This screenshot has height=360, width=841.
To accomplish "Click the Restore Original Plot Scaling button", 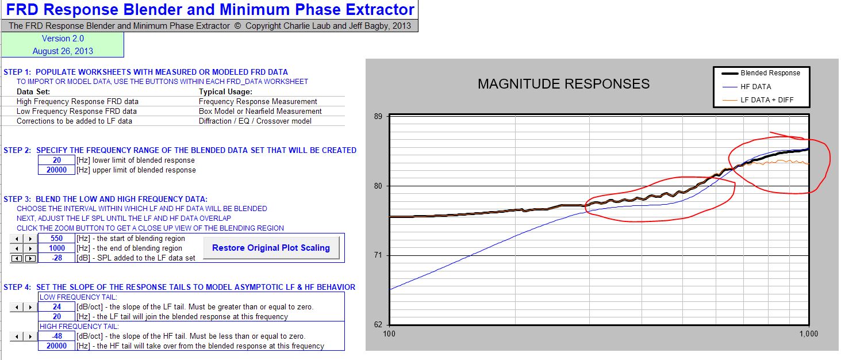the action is coord(271,248).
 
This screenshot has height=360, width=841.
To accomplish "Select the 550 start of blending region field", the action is coord(57,238).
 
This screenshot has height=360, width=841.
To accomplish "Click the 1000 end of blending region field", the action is coord(57,248).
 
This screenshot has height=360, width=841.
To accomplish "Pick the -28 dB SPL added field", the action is coord(57,258).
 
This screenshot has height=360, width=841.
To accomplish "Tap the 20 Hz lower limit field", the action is coord(57,160).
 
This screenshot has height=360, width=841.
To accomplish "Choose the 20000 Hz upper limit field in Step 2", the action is coord(57,170).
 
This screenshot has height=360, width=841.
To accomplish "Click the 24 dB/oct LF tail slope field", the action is coord(57,307).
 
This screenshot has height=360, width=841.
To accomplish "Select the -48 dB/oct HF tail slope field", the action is coord(57,336).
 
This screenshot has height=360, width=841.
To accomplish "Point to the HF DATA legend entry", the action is coord(747,87).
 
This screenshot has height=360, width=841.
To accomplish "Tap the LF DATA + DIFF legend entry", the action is coord(758,100).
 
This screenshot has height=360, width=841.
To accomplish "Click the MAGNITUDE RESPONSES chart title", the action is coord(563,84).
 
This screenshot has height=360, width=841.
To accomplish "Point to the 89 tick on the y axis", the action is coord(378,117).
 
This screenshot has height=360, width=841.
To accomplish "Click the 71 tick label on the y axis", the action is coord(378,255).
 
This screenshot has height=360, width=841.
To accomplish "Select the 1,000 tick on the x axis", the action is coord(809,334).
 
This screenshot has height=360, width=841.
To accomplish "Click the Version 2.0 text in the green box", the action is coord(63,39).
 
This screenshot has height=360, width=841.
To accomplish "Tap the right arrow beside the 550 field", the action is coord(30,239).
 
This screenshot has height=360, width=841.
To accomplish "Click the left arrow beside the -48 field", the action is coord(17,336).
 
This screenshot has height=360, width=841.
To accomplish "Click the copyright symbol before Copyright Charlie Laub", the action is coord(237,26).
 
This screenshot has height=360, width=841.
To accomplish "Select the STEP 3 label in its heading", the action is coord(17,199).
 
